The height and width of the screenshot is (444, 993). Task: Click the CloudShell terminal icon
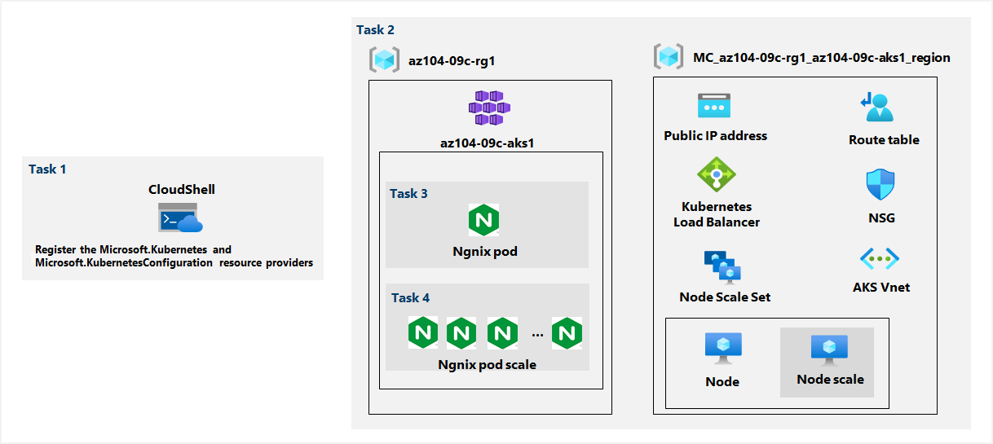(x=179, y=218)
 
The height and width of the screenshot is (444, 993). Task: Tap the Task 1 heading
(x=47, y=169)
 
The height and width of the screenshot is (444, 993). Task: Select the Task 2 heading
(x=375, y=30)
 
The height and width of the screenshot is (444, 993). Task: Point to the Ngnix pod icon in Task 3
(x=483, y=221)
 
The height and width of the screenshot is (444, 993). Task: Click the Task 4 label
(x=410, y=297)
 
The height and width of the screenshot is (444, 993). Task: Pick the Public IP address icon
(x=714, y=108)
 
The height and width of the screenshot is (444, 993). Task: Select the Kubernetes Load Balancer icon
(x=717, y=174)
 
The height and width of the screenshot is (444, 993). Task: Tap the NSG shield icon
(x=880, y=185)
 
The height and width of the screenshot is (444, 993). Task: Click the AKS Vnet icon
(x=880, y=260)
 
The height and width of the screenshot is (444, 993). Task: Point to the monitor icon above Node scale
(x=829, y=349)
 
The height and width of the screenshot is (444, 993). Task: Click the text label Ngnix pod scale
(x=487, y=364)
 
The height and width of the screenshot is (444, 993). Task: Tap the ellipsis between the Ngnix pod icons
(x=537, y=333)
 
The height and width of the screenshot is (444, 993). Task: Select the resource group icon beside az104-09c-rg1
(x=383, y=59)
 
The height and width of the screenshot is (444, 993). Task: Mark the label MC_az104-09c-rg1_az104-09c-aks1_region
(x=821, y=58)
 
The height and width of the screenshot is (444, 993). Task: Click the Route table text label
(x=884, y=140)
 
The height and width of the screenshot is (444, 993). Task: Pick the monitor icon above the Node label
(x=722, y=349)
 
